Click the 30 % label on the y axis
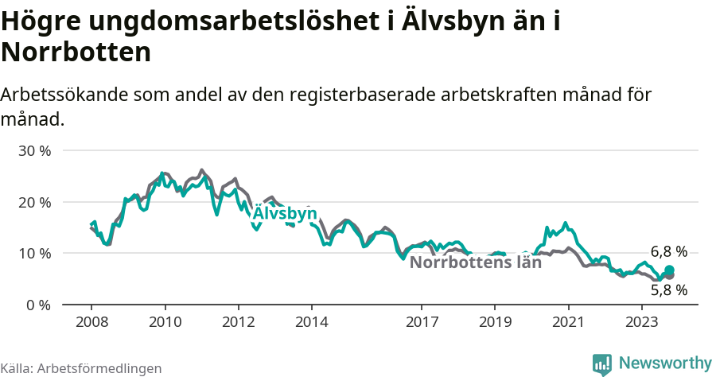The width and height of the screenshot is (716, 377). pyautogui.click(x=34, y=150)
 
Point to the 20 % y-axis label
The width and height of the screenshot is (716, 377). pyautogui.click(x=34, y=202)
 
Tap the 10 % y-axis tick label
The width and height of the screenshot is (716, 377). pyautogui.click(x=34, y=253)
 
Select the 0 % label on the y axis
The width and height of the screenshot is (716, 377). pyautogui.click(x=37, y=305)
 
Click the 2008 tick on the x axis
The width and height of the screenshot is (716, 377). pyautogui.click(x=91, y=321)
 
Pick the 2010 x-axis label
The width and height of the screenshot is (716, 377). pyautogui.click(x=165, y=321)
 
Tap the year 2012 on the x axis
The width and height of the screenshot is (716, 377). pyautogui.click(x=238, y=321)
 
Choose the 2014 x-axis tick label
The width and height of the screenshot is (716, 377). pyautogui.click(x=312, y=321)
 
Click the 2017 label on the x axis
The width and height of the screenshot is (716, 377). pyautogui.click(x=422, y=321)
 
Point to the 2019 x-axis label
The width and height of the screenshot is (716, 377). pyautogui.click(x=495, y=321)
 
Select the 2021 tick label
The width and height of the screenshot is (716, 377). pyautogui.click(x=568, y=321)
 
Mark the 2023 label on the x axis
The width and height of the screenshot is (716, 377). pyautogui.click(x=641, y=321)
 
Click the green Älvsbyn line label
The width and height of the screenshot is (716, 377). pyautogui.click(x=285, y=214)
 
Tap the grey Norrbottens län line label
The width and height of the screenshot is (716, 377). pyautogui.click(x=475, y=263)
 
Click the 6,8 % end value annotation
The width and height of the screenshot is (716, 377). pyautogui.click(x=668, y=251)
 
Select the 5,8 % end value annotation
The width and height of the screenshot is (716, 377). pyautogui.click(x=668, y=290)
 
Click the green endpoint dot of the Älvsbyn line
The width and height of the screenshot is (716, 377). pyautogui.click(x=670, y=270)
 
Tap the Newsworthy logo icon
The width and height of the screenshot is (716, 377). pyautogui.click(x=602, y=364)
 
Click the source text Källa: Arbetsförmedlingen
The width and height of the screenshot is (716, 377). pyautogui.click(x=81, y=368)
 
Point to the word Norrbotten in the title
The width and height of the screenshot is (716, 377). pyautogui.click(x=76, y=52)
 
